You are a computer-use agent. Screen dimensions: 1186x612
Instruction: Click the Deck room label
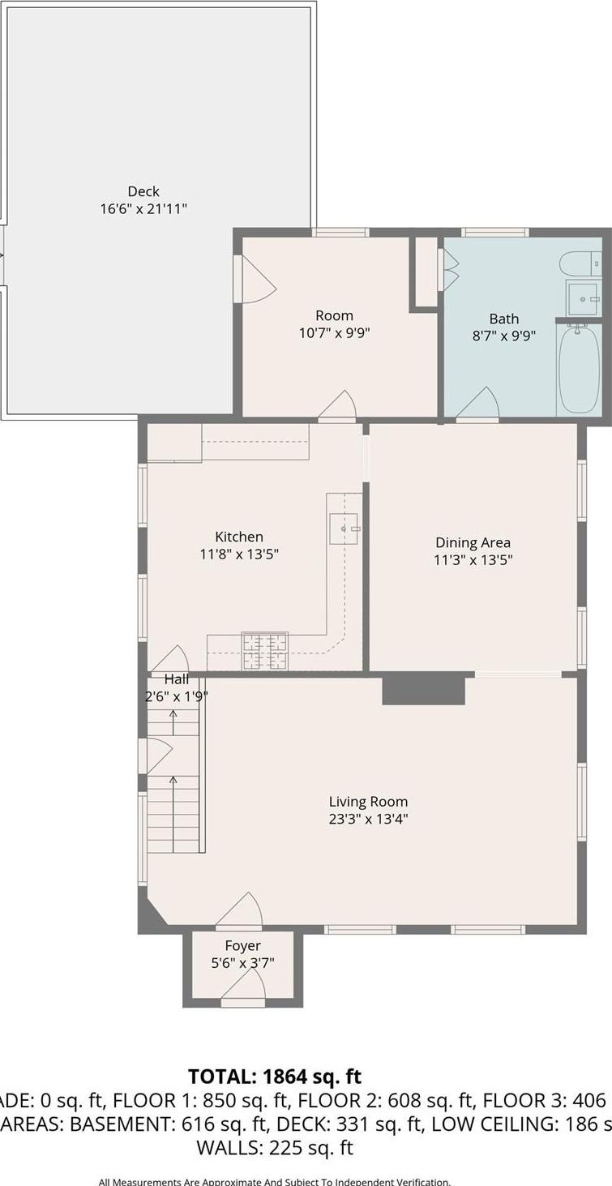click(143, 191)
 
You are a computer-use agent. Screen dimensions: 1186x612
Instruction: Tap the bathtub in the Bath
click(579, 370)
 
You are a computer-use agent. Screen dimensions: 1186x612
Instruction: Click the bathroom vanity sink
click(582, 298)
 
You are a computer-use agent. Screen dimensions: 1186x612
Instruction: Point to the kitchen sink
click(343, 529)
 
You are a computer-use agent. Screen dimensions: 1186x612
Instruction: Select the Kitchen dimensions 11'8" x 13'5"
click(239, 554)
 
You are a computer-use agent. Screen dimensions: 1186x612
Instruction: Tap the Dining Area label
click(473, 542)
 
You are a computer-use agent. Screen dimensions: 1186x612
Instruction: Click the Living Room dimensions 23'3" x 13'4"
click(368, 819)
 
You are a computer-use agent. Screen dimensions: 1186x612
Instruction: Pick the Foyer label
click(242, 945)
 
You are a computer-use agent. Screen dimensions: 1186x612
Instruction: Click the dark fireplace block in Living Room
click(423, 690)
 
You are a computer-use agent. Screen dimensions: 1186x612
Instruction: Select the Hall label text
click(177, 679)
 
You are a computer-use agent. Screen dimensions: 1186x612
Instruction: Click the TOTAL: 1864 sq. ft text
click(275, 1077)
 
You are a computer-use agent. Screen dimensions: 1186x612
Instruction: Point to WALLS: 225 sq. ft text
click(275, 1148)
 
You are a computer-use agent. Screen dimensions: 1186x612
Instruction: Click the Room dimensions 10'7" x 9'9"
click(335, 332)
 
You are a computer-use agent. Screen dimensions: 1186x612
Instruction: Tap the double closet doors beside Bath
click(447, 269)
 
